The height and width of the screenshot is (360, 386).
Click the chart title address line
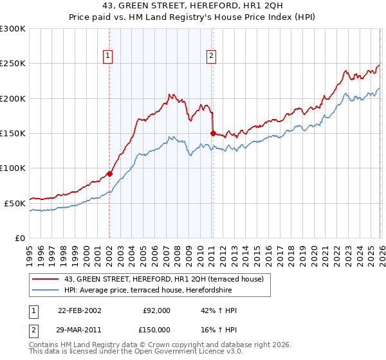192,6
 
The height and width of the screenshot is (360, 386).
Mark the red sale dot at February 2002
109,174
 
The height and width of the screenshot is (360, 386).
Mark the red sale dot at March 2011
212,133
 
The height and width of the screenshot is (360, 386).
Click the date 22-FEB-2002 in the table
79,310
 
